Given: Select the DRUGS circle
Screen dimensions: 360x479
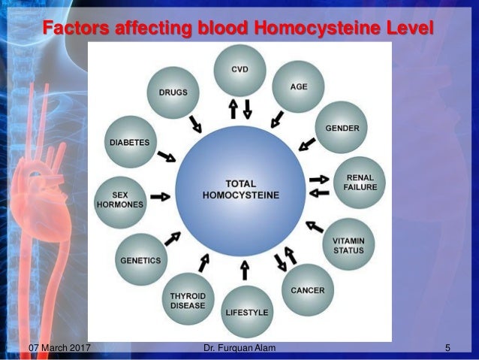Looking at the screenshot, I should tap(173, 92).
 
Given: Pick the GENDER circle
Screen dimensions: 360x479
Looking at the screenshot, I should tap(342, 128).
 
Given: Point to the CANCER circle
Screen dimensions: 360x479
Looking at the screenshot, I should tap(307, 289).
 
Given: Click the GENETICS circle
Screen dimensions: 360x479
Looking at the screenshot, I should tap(141, 259).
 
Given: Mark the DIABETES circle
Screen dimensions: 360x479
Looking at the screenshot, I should tap(131, 141).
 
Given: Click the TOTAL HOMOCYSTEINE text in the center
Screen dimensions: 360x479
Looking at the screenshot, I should tap(241, 189).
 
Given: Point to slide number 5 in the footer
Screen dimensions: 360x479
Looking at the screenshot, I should tap(447, 349).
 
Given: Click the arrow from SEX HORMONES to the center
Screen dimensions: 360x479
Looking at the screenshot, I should tap(160, 196).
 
